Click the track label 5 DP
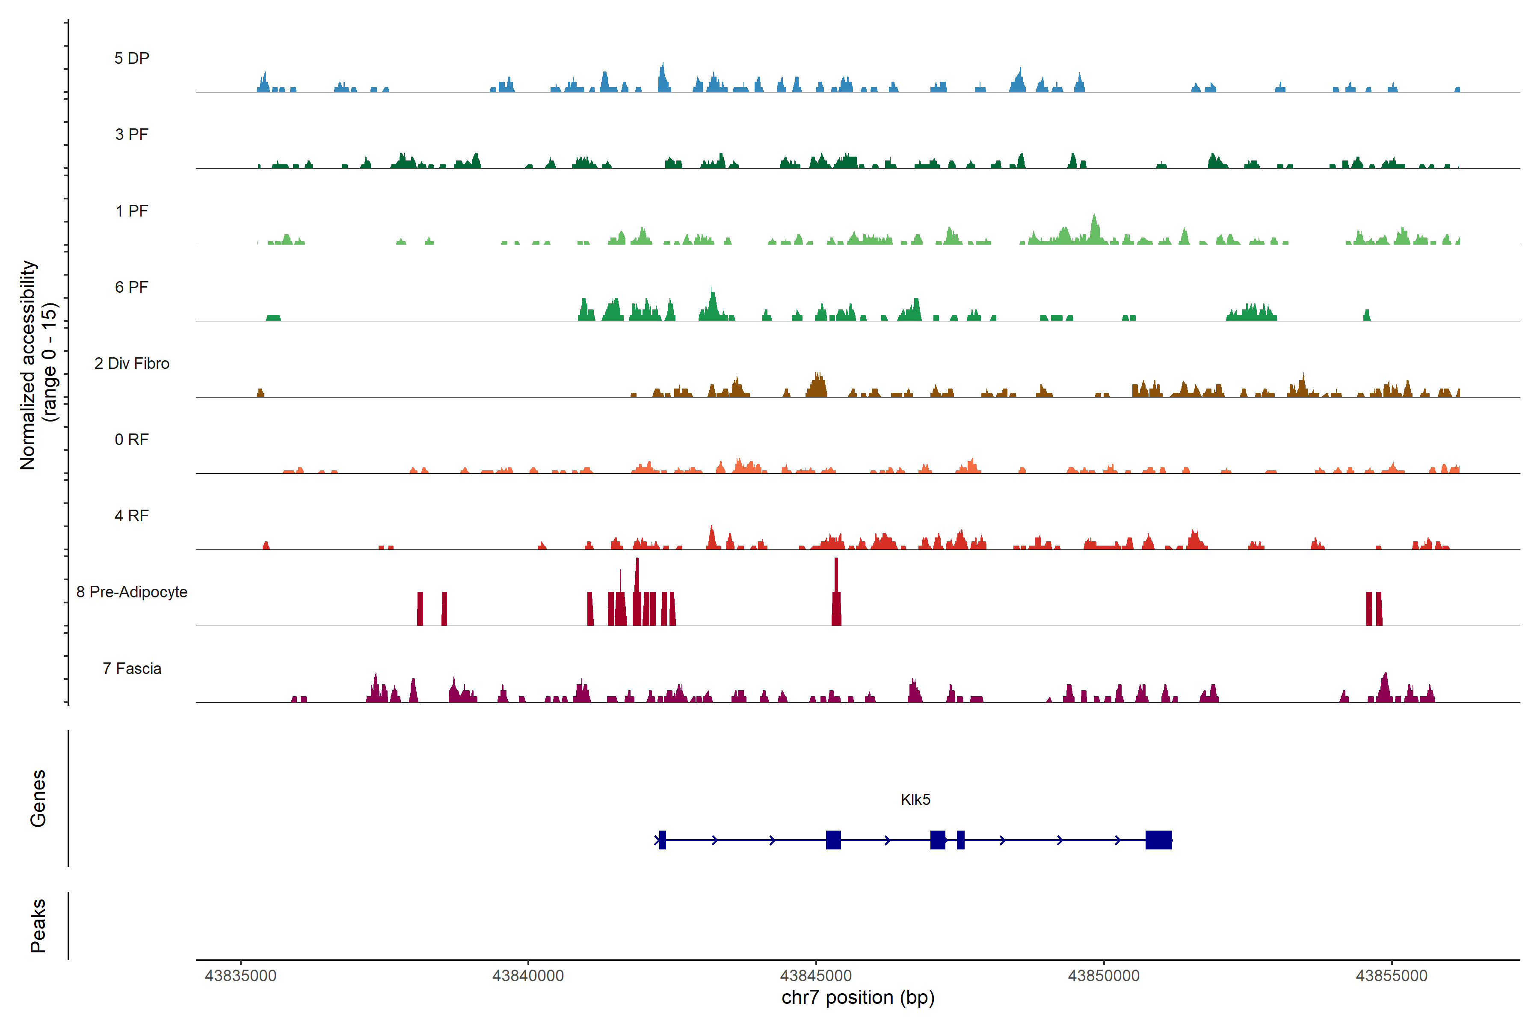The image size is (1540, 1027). click(x=132, y=58)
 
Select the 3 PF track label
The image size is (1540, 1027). click(x=132, y=134)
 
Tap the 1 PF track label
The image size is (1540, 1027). click(x=132, y=211)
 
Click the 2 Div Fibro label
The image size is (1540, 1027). click(x=132, y=363)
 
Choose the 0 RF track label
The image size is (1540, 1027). click(x=132, y=439)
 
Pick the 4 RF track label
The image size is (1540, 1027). click(x=132, y=516)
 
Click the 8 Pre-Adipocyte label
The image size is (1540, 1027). click(x=132, y=592)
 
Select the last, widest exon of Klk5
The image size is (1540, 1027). click(x=1158, y=840)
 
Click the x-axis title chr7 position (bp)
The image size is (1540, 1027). click(x=858, y=997)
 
